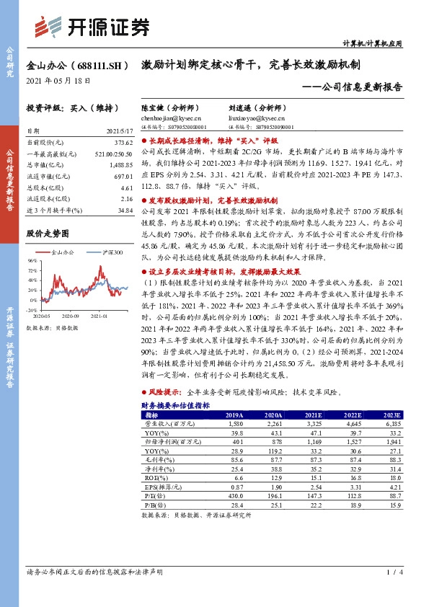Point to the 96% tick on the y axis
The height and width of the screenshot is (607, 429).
pyautogui.click(x=32, y=260)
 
